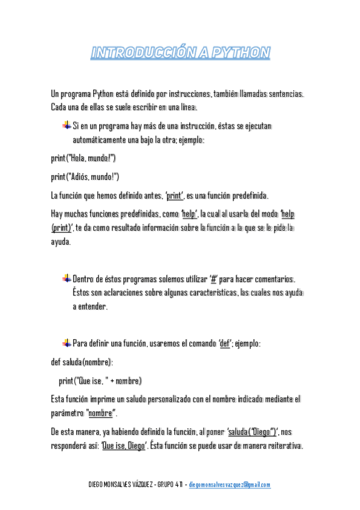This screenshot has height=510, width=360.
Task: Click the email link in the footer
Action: (x=230, y=485)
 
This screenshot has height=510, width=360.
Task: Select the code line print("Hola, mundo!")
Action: (x=83, y=159)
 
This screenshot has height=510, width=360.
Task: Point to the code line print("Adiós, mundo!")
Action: (x=85, y=177)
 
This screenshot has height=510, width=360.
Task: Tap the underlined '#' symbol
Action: (x=213, y=279)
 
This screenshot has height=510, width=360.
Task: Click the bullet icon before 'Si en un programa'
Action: (x=66, y=125)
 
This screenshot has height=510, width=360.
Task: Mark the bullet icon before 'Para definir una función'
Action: (x=66, y=343)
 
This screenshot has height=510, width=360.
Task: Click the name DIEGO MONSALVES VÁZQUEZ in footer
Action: (x=120, y=485)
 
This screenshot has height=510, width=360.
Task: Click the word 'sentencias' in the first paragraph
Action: (x=282, y=94)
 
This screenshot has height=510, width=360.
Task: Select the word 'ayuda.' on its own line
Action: (x=61, y=242)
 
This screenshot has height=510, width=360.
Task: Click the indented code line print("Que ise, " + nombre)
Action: (x=100, y=381)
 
